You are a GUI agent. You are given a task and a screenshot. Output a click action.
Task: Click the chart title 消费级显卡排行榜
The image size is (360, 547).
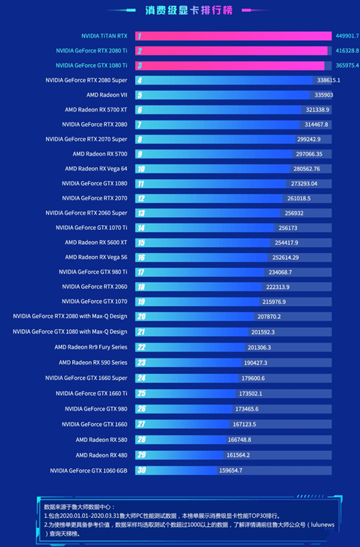pyautogui.click(x=180, y=10)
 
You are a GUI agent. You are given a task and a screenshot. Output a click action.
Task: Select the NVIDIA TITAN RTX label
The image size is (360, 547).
pyautogui.click(x=104, y=36)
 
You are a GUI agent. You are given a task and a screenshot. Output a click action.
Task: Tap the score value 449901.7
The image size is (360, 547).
pyautogui.click(x=347, y=36)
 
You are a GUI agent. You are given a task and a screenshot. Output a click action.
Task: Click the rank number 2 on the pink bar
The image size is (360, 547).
pyautogui.click(x=140, y=51)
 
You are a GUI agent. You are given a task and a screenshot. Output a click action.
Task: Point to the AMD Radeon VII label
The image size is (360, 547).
pyautogui.click(x=107, y=95)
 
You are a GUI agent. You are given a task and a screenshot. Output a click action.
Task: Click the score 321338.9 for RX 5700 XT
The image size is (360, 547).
pyautogui.click(x=318, y=110)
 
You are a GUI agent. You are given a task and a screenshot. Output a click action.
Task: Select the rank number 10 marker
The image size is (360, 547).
pyautogui.click(x=141, y=169)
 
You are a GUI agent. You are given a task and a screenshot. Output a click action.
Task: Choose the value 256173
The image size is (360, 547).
pyautogui.click(x=287, y=228)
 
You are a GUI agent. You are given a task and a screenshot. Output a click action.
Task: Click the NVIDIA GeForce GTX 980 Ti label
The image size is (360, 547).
pyautogui.click(x=93, y=272)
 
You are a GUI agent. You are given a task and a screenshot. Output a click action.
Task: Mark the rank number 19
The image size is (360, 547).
pyautogui.click(x=141, y=302)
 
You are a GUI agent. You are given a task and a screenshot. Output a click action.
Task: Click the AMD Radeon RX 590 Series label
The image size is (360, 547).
pyautogui.click(x=93, y=362)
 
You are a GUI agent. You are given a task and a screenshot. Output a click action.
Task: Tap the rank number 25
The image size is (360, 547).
pyautogui.click(x=141, y=393)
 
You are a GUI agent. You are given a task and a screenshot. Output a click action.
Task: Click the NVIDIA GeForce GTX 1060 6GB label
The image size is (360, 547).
pyautogui.click(x=89, y=470)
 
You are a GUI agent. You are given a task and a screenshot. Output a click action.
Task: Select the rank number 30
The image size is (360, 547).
pyautogui.click(x=141, y=470)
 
